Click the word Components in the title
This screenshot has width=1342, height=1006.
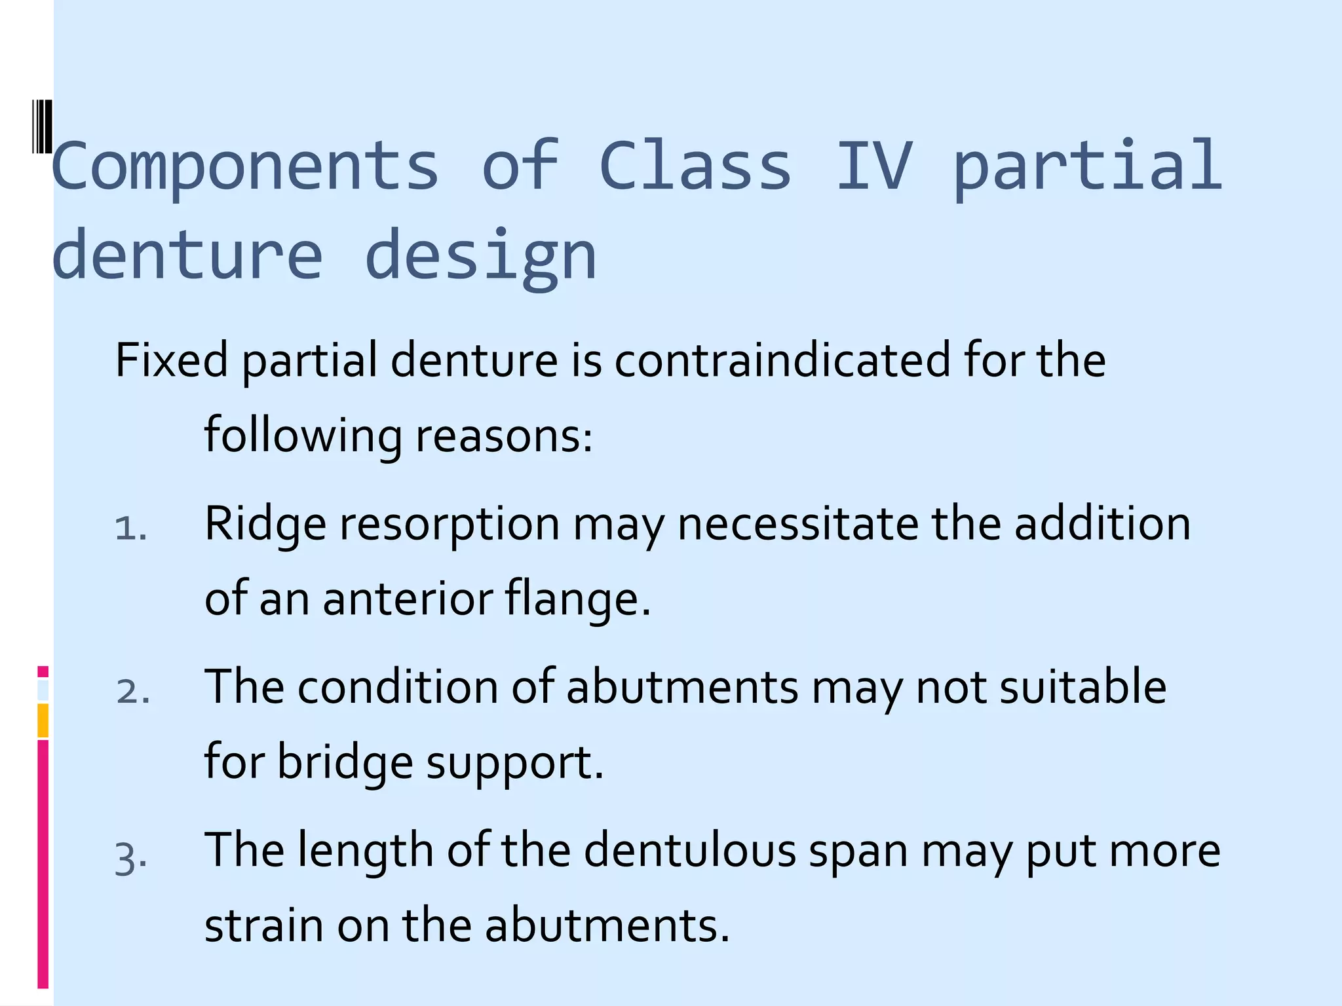[244, 167]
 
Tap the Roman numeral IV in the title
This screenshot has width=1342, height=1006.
[874, 167]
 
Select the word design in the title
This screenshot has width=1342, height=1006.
[480, 257]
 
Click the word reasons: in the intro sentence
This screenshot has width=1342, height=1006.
[504, 436]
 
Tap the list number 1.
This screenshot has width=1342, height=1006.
[130, 528]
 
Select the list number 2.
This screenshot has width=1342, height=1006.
[132, 692]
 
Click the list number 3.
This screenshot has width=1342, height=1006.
[130, 858]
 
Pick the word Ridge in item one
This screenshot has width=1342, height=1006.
[265, 524]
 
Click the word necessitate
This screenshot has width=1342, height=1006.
[797, 524]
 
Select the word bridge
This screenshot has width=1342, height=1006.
[345, 762]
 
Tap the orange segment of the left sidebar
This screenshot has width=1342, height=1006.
[43, 720]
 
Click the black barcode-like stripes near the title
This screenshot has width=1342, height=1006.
[42, 126]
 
